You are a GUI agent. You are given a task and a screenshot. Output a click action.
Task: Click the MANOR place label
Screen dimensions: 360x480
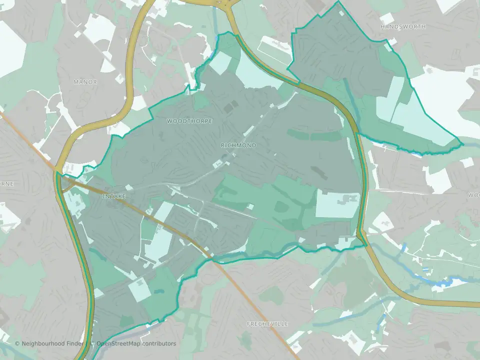click(x=85, y=81)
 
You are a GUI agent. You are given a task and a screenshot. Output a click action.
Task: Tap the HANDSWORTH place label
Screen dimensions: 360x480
click(x=403, y=26)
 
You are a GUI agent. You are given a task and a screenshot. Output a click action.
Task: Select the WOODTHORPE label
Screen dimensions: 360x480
click(x=189, y=121)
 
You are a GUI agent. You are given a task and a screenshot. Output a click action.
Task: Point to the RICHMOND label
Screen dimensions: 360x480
click(x=238, y=145)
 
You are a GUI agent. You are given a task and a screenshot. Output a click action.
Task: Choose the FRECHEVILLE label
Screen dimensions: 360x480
click(x=267, y=324)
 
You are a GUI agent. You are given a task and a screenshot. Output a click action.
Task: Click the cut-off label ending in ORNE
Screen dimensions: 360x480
click(x=6, y=183)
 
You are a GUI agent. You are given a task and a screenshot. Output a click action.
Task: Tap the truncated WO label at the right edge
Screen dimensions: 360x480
click(x=474, y=194)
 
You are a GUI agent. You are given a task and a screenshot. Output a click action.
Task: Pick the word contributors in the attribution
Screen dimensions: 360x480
click(x=159, y=343)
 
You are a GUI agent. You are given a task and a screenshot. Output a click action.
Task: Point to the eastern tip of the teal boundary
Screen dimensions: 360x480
click(x=462, y=144)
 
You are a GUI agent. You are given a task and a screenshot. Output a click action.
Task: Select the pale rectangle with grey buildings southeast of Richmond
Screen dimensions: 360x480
click(x=337, y=204)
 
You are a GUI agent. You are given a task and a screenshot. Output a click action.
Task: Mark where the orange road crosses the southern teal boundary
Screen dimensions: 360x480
click(x=212, y=259)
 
